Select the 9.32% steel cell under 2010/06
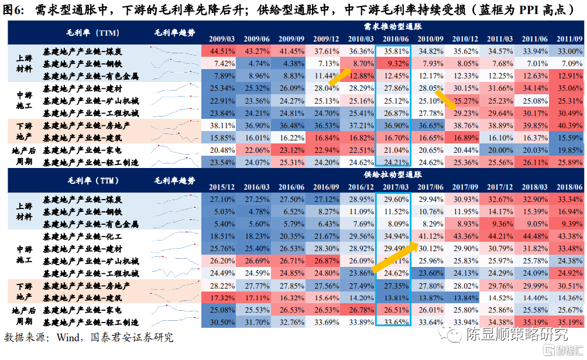393,63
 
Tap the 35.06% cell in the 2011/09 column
568,88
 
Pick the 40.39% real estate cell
568,125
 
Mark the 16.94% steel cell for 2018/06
568,211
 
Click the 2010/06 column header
393,39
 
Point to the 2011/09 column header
568,39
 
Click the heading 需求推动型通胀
392,27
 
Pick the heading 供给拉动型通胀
392,174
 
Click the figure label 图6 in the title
15,10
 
